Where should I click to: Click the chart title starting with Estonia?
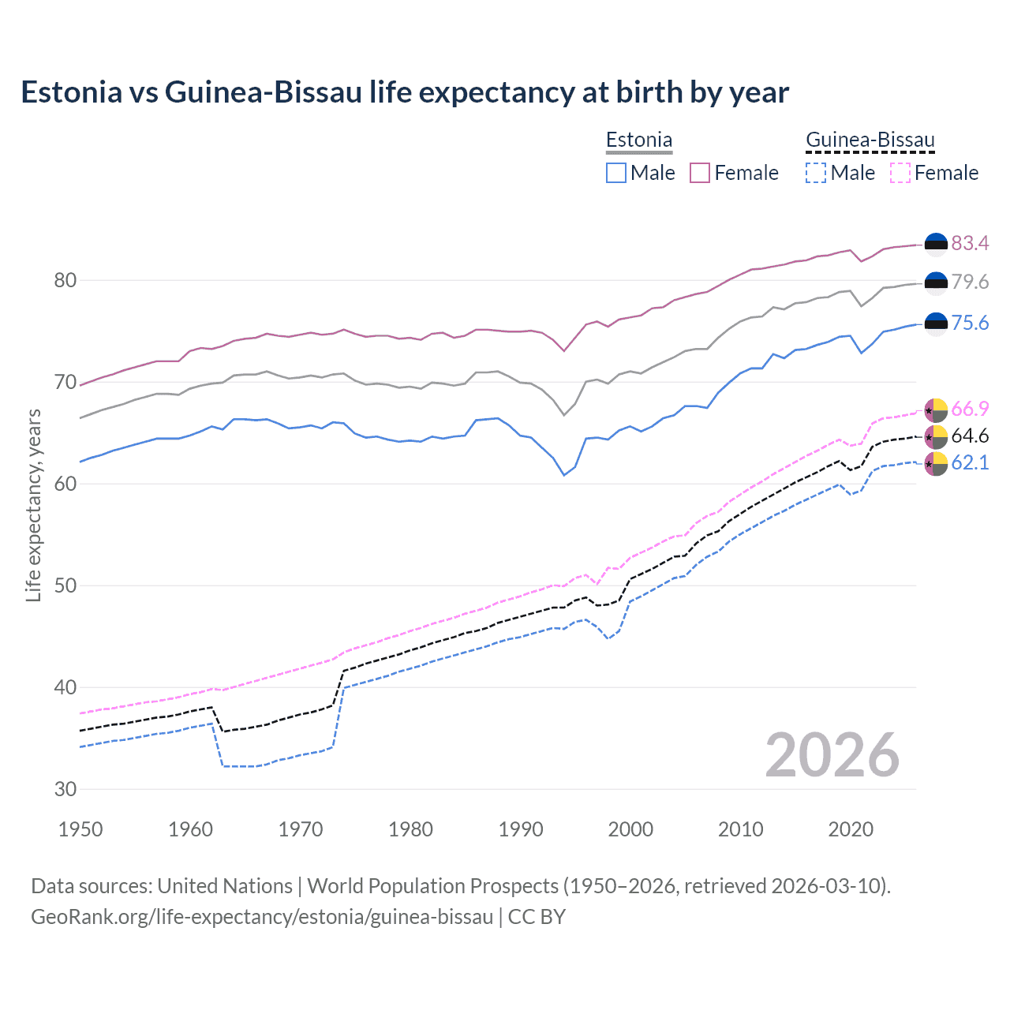404,92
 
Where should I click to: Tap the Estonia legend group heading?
638,140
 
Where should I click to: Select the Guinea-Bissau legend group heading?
870,140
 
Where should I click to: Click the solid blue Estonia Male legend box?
616,173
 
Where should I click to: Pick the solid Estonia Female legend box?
700,173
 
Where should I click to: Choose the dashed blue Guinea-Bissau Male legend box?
816,173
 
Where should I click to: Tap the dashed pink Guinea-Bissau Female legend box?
900,173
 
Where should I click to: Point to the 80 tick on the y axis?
65,281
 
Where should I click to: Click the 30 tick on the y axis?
65,789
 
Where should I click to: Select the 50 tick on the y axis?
65,585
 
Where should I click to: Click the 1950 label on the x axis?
80,829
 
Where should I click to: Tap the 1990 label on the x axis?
521,829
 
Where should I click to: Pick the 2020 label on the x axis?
851,829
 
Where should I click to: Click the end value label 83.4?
970,244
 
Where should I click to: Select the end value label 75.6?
970,324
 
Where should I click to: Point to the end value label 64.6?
970,436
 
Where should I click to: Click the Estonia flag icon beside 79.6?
936,282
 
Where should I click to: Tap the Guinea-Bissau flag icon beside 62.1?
936,464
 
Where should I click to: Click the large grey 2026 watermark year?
832,755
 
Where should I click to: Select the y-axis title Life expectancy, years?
33,505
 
